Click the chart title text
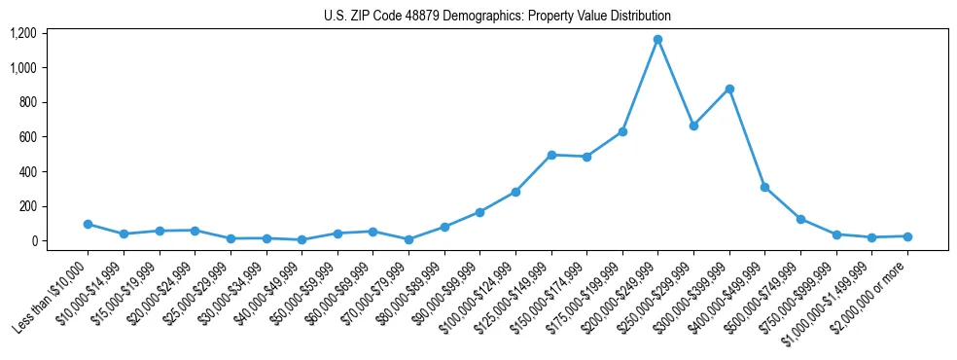pos(497,16)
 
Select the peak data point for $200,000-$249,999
pos(657,40)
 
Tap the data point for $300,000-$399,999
pos(729,89)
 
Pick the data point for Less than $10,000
pos(88,224)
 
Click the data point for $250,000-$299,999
pos(693,126)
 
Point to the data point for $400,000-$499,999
pos(764,187)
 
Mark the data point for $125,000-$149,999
pos(550,155)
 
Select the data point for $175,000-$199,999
pos(622,131)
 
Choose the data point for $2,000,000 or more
pos(907,236)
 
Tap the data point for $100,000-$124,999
pos(515,192)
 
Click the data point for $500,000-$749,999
pos(800,219)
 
